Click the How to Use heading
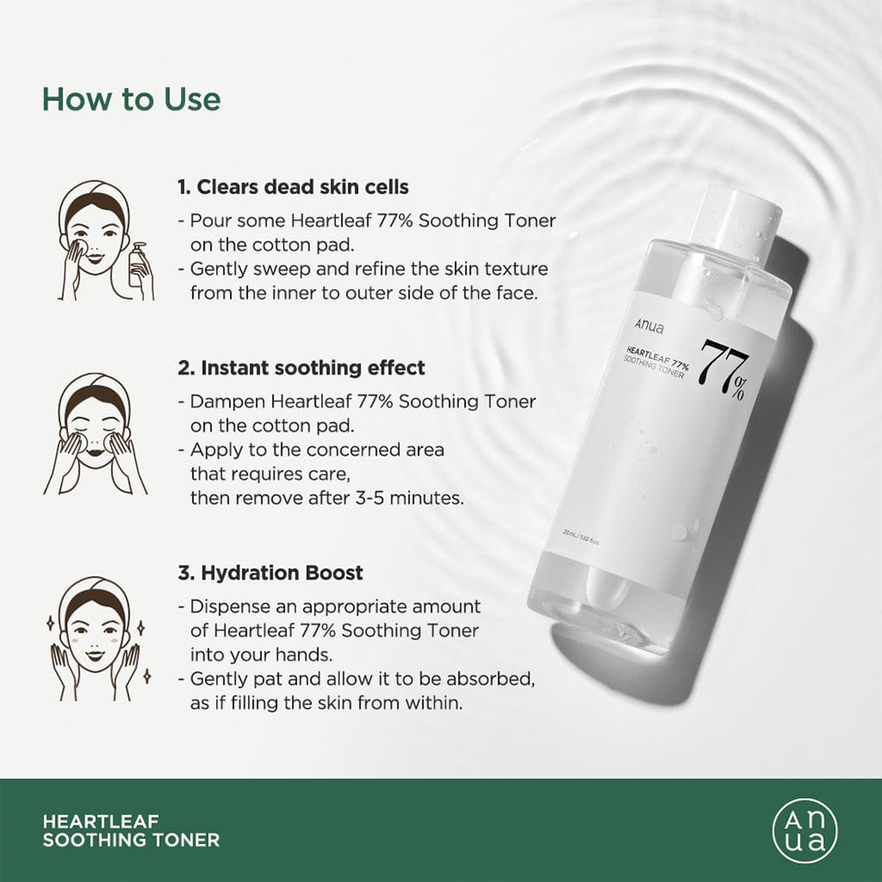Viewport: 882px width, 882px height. pos(131,99)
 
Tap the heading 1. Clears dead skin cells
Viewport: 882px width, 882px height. pos(293,187)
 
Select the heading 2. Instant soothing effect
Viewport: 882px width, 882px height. pos(301,367)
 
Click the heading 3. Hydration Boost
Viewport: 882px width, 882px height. pos(270,572)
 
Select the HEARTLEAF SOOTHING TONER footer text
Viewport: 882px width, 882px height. pos(131,830)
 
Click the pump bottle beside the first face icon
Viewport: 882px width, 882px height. pos(138,266)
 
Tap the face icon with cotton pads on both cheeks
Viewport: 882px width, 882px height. pos(94,432)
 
